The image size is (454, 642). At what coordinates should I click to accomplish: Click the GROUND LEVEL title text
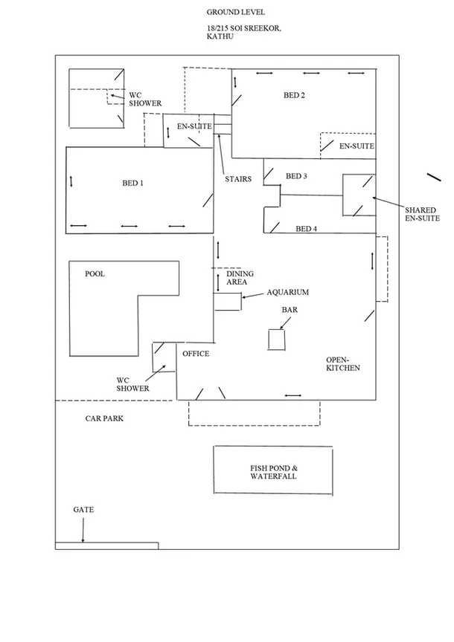point(234,13)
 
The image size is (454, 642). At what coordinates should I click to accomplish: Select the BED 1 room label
point(132,184)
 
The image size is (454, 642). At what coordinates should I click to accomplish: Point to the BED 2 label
point(294,95)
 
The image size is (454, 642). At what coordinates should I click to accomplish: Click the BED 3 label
point(296,176)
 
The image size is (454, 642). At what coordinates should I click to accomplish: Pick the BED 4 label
point(307,229)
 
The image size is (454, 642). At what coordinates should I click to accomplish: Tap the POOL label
point(95,274)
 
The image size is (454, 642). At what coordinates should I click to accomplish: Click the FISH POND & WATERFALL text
point(273,472)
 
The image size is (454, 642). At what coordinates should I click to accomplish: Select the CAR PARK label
point(103,419)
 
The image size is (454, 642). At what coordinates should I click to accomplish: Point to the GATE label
point(83,510)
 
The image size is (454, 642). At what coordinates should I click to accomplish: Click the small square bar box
point(277,340)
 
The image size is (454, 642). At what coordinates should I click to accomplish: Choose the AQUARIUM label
point(287,293)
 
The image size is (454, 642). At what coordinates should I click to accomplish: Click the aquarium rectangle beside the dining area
point(228,302)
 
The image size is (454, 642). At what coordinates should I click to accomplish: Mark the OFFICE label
point(196,354)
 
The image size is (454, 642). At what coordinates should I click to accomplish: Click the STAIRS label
point(238,179)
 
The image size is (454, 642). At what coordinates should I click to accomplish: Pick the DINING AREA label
point(240,278)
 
